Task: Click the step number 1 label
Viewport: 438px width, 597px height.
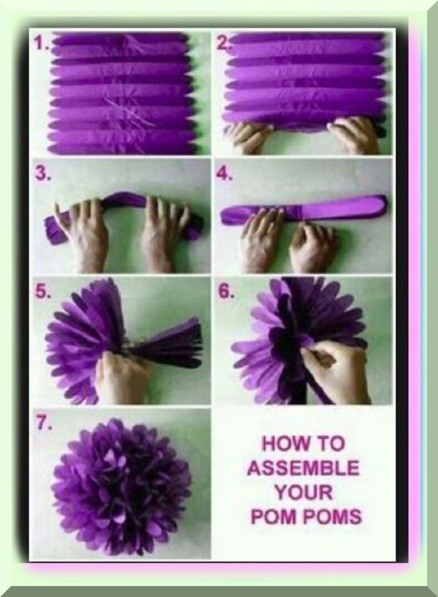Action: pyautogui.click(x=41, y=44)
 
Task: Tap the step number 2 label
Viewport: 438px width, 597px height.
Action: pyautogui.click(x=223, y=44)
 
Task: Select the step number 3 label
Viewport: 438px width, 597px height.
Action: pyautogui.click(x=44, y=174)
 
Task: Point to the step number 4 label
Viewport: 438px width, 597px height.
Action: pyautogui.click(x=225, y=174)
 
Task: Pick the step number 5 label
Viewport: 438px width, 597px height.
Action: pyautogui.click(x=43, y=291)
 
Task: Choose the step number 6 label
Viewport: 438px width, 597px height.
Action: pyautogui.click(x=225, y=291)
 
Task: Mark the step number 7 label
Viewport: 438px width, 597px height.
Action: pyautogui.click(x=44, y=424)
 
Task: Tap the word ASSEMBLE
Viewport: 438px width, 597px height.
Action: pyautogui.click(x=304, y=468)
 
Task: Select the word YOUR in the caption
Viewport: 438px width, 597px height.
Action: pyautogui.click(x=304, y=493)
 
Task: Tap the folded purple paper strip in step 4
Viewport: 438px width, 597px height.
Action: pyautogui.click(x=304, y=210)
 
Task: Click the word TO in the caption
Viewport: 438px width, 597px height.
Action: pyautogui.click(x=328, y=444)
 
